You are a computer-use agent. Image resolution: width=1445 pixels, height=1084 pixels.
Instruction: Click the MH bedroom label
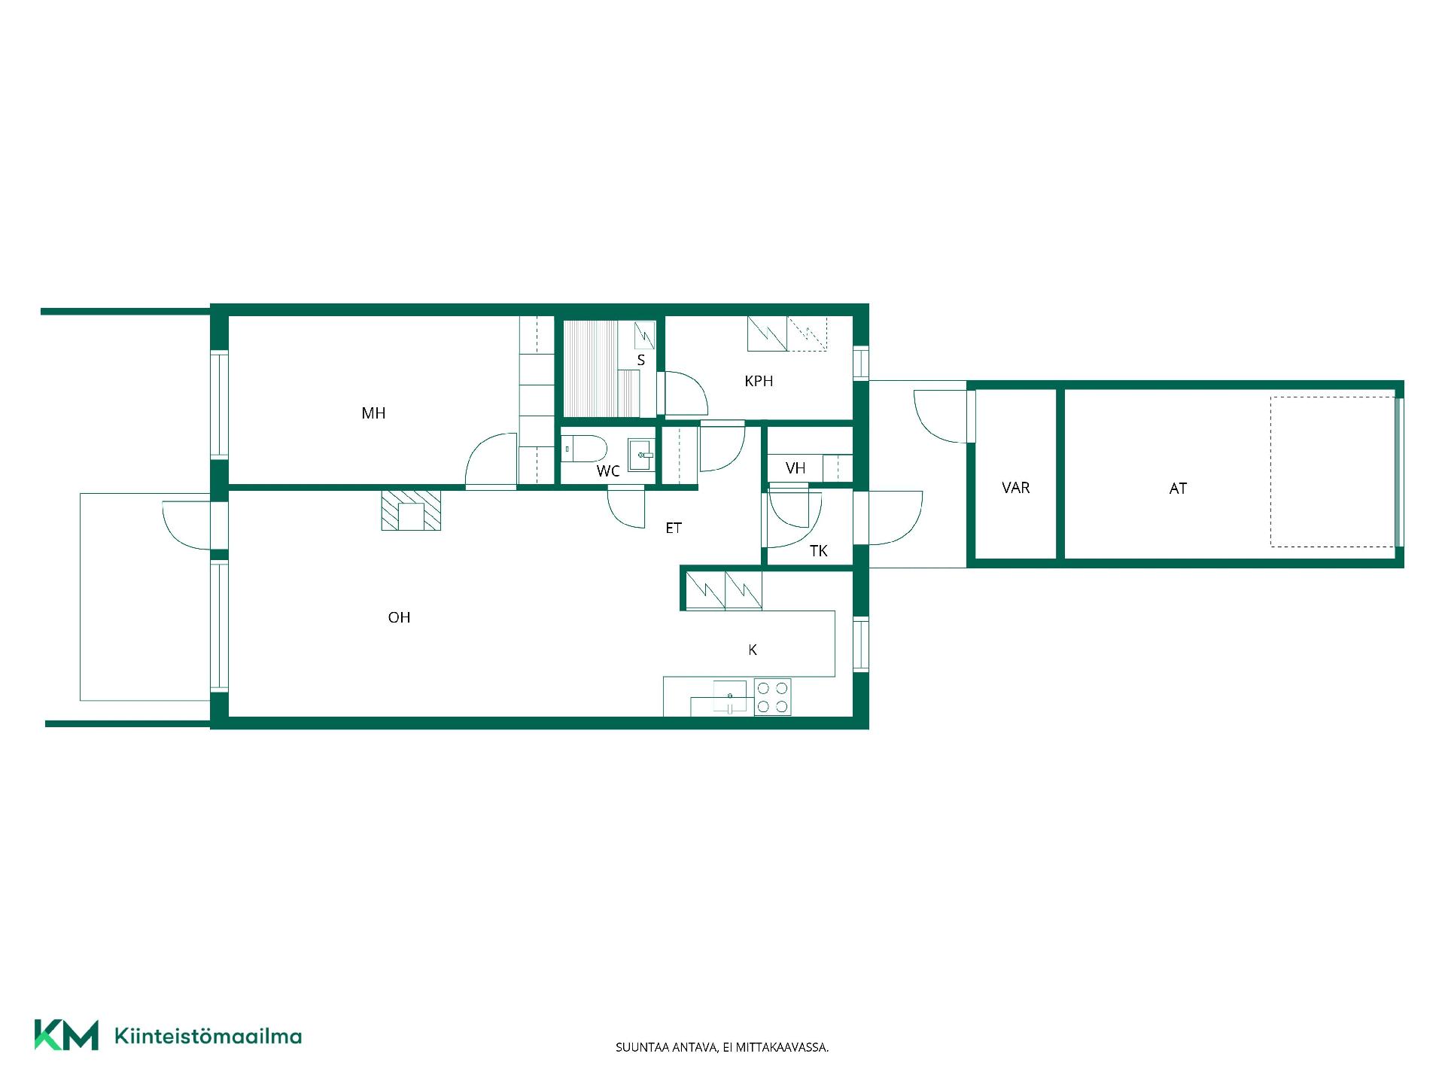coord(373,413)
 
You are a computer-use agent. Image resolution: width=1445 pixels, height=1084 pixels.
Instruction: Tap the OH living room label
coord(399,617)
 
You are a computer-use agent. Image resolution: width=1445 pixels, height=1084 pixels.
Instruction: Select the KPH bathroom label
coord(759,381)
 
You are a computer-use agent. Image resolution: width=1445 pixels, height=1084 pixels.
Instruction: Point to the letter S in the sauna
coord(641,360)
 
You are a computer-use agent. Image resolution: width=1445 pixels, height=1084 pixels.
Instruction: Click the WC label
coord(608,471)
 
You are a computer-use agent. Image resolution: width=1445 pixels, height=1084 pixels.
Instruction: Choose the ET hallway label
coord(674,528)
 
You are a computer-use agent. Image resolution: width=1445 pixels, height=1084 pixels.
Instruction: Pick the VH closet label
coord(796,468)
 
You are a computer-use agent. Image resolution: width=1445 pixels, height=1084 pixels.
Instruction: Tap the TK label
coord(819,551)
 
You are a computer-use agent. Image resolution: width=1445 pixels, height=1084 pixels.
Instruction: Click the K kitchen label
coord(753,650)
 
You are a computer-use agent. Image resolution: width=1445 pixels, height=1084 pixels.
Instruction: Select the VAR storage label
coord(1016,488)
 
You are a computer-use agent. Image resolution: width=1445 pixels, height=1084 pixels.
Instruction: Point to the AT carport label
coord(1178,489)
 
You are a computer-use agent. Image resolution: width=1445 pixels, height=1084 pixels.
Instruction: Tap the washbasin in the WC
coord(641,455)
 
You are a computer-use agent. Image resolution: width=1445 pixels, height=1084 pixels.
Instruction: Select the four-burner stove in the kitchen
coord(773,697)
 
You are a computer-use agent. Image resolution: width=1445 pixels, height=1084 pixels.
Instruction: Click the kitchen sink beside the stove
coord(729,696)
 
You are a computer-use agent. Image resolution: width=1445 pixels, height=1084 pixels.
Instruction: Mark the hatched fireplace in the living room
coord(411,510)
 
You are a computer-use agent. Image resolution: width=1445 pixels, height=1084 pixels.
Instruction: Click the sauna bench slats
coord(591,368)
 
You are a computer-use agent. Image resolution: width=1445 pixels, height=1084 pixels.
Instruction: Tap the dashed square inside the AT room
coord(1332,471)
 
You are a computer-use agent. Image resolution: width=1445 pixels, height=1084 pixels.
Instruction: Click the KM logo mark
coord(66,1035)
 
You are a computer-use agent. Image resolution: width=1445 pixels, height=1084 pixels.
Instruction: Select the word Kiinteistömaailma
coord(208,1036)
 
